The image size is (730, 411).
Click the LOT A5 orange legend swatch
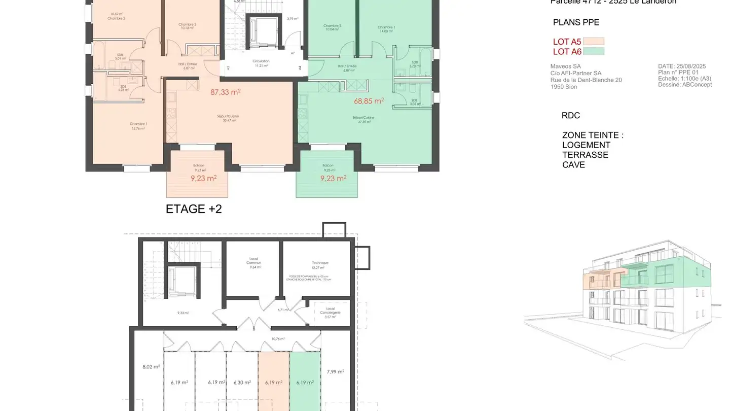594,42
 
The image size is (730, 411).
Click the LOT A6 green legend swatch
594,51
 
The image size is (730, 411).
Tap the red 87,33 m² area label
225,92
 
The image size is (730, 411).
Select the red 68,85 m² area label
369,101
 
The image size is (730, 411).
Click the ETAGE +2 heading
194,209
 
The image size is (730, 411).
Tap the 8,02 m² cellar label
151,367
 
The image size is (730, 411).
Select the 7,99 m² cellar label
336,371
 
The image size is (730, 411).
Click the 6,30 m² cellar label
242,383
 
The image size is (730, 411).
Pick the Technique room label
320,263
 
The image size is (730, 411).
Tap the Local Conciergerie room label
330,311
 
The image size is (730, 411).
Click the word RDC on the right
570,116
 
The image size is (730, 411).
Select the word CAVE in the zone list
573,165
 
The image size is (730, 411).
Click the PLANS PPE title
576,22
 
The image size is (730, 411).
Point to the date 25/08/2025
691,66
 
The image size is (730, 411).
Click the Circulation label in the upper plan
261,61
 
